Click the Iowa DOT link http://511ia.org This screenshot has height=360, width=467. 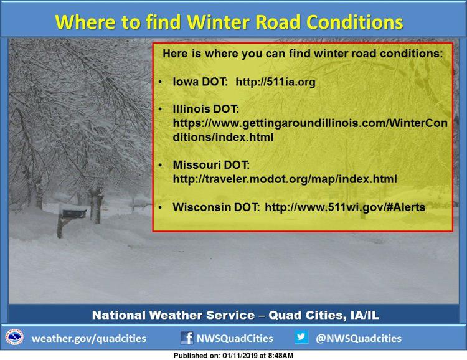[275, 82]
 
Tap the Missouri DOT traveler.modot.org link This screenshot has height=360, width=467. [285, 179]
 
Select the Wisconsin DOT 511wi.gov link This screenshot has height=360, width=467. [345, 207]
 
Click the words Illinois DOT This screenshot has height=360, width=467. [206, 109]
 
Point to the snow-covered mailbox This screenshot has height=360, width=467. [73, 212]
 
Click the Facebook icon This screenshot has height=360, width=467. [187, 338]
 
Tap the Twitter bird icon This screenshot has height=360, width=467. [301, 337]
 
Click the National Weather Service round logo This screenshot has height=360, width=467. [14, 338]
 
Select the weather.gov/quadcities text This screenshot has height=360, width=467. [89, 339]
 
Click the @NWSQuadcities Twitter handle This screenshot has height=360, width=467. [359, 339]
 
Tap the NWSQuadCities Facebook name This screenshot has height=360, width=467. [235, 339]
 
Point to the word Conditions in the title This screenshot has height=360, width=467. [354, 22]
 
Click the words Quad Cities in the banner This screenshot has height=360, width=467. [308, 315]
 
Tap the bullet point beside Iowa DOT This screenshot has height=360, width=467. [161, 82]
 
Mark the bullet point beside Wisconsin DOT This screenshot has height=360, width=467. [161, 207]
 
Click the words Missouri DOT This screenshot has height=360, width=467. [211, 165]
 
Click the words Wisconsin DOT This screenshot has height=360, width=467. [216, 207]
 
